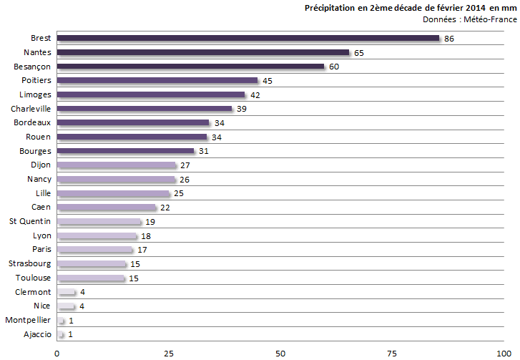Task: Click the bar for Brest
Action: [248, 39]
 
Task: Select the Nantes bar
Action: [203, 52]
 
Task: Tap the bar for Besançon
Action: [191, 67]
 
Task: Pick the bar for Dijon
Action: [117, 165]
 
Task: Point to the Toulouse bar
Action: [91, 278]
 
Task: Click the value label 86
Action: [449, 39]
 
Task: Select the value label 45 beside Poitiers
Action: [267, 81]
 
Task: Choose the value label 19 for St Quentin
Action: [150, 222]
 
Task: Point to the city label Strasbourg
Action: [30, 264]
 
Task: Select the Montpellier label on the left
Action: [28, 321]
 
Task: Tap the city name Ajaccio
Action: [37, 334]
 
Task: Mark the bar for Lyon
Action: [97, 236]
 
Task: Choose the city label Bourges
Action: [35, 151]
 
